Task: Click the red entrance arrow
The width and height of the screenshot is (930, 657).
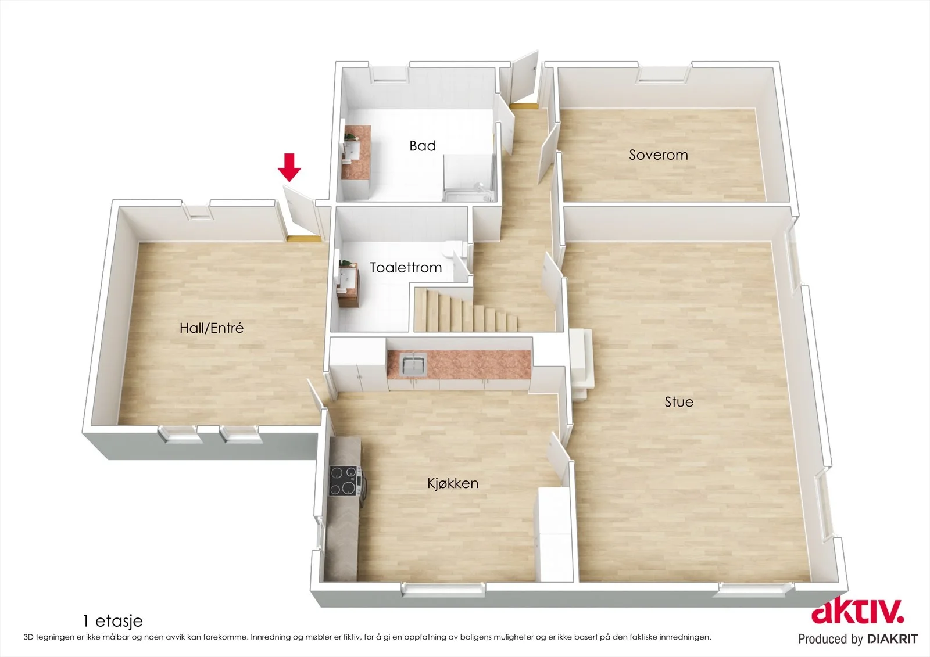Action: tap(289, 167)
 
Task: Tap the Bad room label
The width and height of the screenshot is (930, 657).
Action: tap(423, 146)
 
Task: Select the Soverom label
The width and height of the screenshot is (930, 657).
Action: tap(659, 155)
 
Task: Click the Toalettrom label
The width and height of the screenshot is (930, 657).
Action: tap(406, 267)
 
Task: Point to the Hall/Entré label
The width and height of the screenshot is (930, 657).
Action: tap(212, 328)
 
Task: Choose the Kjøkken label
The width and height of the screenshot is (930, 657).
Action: tap(453, 483)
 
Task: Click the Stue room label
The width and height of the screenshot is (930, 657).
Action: tap(679, 402)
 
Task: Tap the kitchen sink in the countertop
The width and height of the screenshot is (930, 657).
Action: tap(413, 364)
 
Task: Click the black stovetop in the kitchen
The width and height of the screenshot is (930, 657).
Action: tap(344, 481)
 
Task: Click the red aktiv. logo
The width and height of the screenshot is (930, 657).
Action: tap(858, 612)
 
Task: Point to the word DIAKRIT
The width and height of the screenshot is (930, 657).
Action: tap(893, 639)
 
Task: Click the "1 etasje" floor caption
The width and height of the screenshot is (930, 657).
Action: tap(113, 622)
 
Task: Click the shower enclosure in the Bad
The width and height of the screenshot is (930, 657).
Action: tap(470, 178)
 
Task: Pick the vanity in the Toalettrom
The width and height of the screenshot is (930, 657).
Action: tap(348, 284)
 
